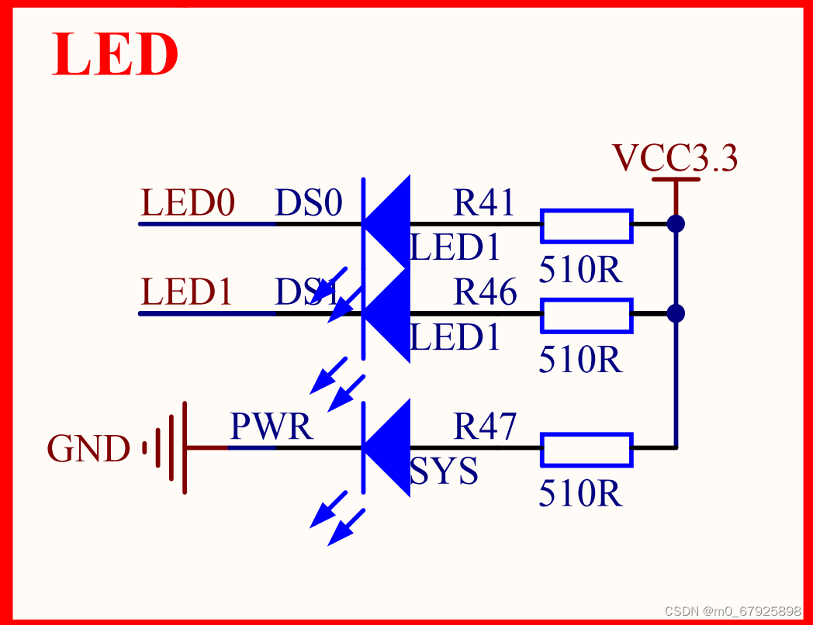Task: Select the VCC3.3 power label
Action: click(675, 158)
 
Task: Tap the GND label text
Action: click(88, 449)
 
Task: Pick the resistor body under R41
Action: click(586, 224)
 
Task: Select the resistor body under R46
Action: click(586, 314)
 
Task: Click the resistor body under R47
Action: click(586, 449)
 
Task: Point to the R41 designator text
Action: click(484, 203)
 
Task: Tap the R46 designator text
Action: click(484, 292)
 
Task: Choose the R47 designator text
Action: click(484, 426)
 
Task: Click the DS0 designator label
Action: click(308, 203)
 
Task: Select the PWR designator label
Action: click(272, 426)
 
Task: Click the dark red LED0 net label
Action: click(187, 203)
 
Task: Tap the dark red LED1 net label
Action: click(187, 292)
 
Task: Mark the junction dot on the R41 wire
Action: click(676, 224)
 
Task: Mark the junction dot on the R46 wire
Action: click(676, 313)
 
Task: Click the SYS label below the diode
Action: click(444, 471)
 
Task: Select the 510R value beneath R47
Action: click(580, 494)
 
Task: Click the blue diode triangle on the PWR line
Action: click(389, 448)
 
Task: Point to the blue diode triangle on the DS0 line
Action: click(389, 223)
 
